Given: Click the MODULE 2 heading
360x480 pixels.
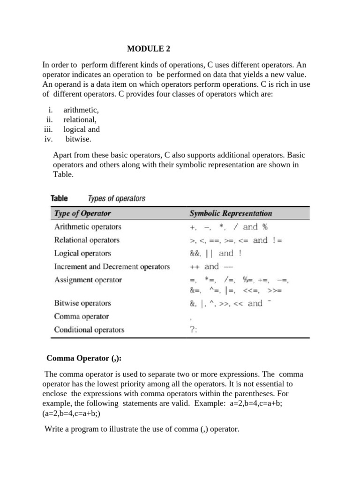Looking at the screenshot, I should (151, 48).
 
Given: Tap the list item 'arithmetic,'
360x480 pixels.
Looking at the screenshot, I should (81, 110).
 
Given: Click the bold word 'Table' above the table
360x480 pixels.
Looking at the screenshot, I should (60, 198).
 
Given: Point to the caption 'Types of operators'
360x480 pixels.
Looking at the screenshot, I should (117, 198).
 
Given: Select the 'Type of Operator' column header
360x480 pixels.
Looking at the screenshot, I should (83, 213).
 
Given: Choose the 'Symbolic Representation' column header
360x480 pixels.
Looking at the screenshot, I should (231, 213).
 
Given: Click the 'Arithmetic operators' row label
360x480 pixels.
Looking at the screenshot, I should (88, 227).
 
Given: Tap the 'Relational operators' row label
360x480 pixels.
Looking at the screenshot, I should (87, 240).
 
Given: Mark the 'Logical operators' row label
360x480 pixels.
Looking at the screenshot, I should (82, 253).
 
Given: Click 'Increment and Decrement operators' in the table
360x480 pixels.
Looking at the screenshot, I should (112, 267).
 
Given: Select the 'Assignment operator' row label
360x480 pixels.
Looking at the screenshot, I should (88, 280).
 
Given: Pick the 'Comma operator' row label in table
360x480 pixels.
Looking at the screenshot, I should (82, 316).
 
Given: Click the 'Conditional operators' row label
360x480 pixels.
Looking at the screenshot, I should (90, 330).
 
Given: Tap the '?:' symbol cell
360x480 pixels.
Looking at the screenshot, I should (194, 330).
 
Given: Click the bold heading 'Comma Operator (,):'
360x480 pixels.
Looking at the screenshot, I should (84, 359).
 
